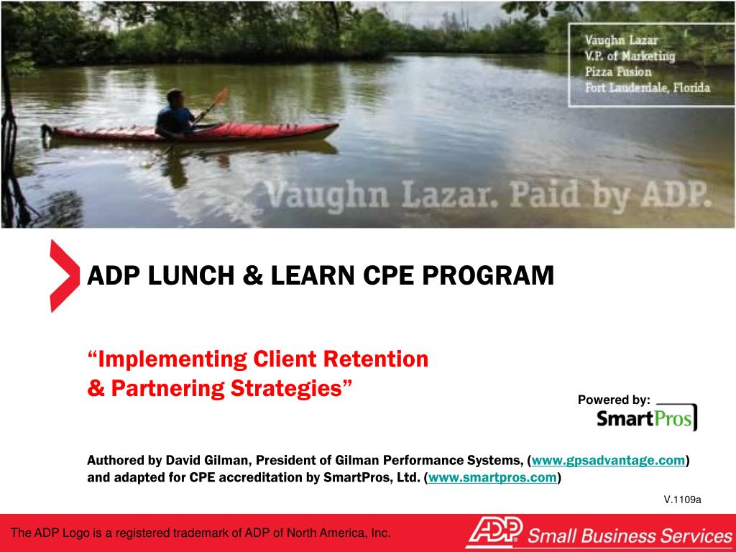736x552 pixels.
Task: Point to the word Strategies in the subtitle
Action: point(290,388)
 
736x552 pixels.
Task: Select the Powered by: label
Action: point(614,400)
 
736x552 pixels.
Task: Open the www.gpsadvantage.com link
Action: point(608,461)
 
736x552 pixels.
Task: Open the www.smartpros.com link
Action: point(492,477)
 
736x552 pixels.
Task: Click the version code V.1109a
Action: point(682,500)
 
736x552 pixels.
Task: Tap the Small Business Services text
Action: point(630,535)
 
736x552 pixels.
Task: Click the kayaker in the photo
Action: point(175,114)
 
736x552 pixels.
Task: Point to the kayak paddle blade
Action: point(221,96)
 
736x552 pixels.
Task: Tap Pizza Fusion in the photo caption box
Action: point(618,72)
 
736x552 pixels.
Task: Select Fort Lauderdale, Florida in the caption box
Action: point(647,88)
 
